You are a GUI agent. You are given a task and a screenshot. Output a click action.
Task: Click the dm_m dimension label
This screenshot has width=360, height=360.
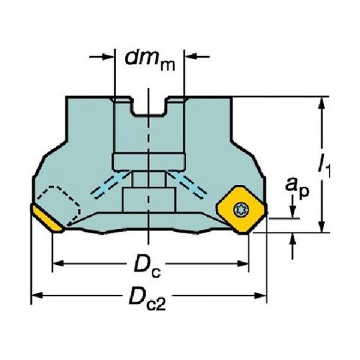pos(150,60)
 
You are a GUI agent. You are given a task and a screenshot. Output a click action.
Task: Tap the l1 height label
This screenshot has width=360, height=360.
pos(324,166)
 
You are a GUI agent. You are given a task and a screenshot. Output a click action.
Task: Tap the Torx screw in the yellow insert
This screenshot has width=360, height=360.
pos(241,210)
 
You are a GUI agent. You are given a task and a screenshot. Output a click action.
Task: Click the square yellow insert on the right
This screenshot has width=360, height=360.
pos(241,210)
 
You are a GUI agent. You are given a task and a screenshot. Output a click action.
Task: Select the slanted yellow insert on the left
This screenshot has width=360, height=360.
pos(47,219)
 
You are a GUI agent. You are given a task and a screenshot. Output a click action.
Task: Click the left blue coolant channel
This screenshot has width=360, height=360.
pos(111,185)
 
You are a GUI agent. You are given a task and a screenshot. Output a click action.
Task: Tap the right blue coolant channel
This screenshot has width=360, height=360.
pos(186,185)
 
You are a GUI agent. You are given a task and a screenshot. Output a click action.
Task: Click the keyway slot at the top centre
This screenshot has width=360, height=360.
pos(149,106)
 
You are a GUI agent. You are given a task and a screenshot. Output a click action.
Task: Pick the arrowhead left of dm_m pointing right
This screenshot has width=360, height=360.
pos(108,57)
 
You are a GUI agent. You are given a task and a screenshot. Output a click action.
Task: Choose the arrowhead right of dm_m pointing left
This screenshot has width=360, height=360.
pos(191,57)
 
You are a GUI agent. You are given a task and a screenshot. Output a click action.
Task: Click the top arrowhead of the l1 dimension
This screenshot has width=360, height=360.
pos(322,104)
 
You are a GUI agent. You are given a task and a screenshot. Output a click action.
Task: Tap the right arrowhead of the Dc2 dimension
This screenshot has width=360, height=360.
pos(260,295)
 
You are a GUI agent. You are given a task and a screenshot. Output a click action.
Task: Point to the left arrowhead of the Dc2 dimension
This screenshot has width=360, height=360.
pos(38,295)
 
